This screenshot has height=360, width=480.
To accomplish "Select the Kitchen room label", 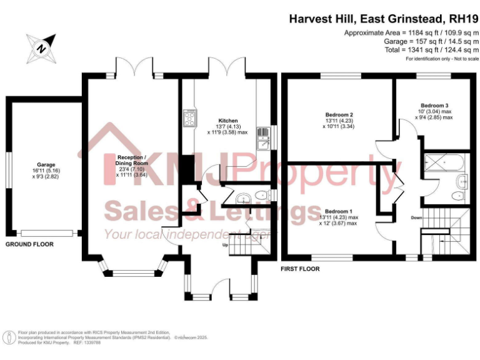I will (x=227, y=121).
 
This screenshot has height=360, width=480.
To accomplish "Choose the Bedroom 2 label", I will (x=339, y=115).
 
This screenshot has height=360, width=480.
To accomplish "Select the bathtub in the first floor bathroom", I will (x=444, y=161).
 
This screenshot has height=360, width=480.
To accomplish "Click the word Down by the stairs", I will (x=416, y=217).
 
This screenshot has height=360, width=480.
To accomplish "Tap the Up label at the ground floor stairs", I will (x=226, y=244).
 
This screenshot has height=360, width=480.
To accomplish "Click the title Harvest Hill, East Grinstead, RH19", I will (x=383, y=19).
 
